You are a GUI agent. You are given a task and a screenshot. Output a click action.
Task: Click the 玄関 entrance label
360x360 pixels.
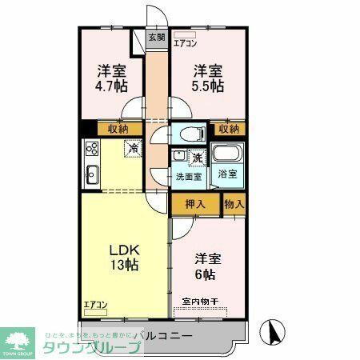157,38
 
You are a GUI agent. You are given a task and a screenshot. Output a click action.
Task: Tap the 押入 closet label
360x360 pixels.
196,203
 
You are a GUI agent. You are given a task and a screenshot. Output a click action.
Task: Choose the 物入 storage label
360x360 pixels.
234,204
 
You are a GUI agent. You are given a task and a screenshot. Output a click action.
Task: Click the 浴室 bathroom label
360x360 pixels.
227,174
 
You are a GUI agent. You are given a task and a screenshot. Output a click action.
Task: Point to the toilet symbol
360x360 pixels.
190,134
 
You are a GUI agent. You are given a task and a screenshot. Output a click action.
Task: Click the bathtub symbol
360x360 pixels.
228,154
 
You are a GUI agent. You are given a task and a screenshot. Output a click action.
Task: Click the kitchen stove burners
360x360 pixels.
90,148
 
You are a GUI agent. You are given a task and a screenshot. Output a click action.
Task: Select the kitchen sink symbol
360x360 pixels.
90,173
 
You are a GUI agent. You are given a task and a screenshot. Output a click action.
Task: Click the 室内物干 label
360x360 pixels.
200,302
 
